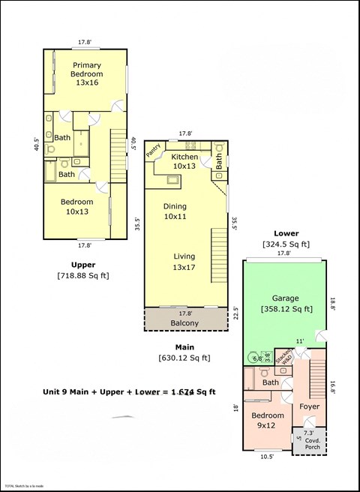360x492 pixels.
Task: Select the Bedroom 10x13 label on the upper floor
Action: [77, 207]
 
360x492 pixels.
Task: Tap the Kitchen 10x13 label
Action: [184, 161]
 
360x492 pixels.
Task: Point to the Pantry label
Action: [154, 151]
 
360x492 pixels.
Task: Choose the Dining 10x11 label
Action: [175, 211]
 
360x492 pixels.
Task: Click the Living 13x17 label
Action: [184, 262]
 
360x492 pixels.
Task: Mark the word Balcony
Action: [184, 323]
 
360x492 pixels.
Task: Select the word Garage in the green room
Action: [285, 297]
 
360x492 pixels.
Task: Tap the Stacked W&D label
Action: [283, 356]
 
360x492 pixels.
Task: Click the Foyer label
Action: [309, 406]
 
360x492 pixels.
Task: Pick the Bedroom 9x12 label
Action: [267, 420]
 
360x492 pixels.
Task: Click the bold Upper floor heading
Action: [82, 265]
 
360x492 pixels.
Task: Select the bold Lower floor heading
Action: [286, 233]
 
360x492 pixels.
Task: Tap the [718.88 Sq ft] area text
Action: [82, 276]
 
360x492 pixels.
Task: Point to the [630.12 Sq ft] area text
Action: [184, 358]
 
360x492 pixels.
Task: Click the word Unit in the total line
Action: [52, 391]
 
